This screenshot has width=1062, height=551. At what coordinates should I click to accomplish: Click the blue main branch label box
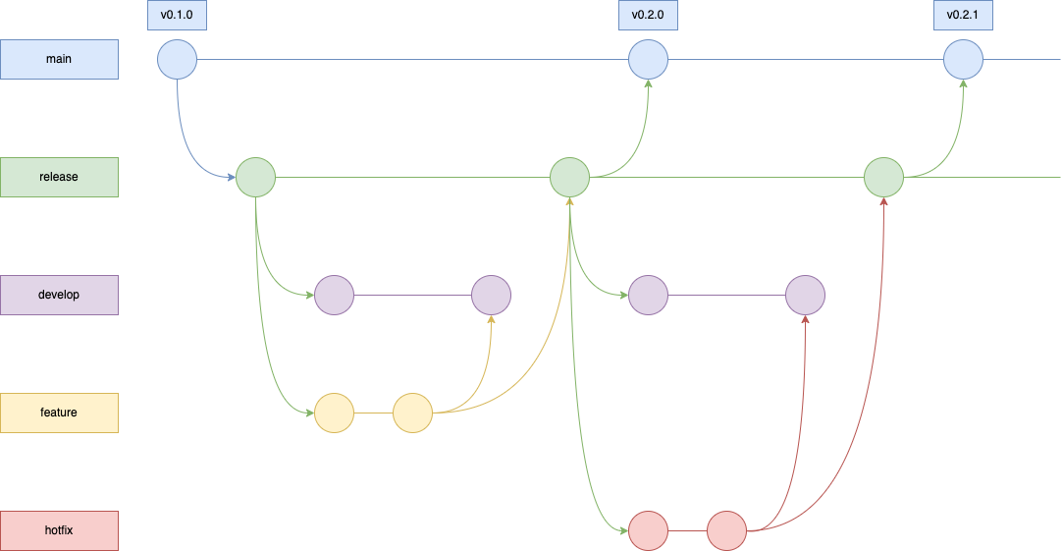pyautogui.click(x=59, y=59)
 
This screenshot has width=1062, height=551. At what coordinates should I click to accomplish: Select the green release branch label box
pyautogui.click(x=59, y=177)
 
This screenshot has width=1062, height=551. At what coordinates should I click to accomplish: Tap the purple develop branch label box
pyautogui.click(x=59, y=295)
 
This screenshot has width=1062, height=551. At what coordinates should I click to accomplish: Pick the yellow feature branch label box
pyautogui.click(x=59, y=413)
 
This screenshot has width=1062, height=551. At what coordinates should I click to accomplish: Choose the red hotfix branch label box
pyautogui.click(x=59, y=530)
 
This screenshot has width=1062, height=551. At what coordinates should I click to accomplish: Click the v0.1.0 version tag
pyautogui.click(x=177, y=15)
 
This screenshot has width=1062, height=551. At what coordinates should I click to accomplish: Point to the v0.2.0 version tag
pyautogui.click(x=648, y=15)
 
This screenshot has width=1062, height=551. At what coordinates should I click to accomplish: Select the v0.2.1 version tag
pyautogui.click(x=963, y=15)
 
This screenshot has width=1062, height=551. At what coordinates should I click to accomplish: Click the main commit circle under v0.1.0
pyautogui.click(x=177, y=59)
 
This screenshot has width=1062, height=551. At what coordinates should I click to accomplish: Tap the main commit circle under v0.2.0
pyautogui.click(x=648, y=59)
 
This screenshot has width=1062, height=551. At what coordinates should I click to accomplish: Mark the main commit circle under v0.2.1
pyautogui.click(x=963, y=59)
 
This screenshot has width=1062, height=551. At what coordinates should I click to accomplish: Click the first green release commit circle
pyautogui.click(x=255, y=177)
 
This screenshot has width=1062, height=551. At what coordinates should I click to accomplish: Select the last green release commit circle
pyautogui.click(x=883, y=177)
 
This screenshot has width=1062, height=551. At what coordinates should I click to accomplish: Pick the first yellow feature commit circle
pyautogui.click(x=334, y=413)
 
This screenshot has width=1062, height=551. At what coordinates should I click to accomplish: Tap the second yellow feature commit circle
pyautogui.click(x=412, y=413)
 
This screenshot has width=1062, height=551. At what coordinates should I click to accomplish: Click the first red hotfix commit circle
pyautogui.click(x=648, y=530)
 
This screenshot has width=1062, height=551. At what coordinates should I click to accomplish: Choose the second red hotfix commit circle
pyautogui.click(x=726, y=530)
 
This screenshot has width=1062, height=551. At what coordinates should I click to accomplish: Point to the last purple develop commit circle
pyautogui.click(x=805, y=295)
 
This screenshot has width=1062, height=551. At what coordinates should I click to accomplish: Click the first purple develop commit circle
pyautogui.click(x=334, y=295)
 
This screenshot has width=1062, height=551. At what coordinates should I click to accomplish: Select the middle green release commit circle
pyautogui.click(x=569, y=177)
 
